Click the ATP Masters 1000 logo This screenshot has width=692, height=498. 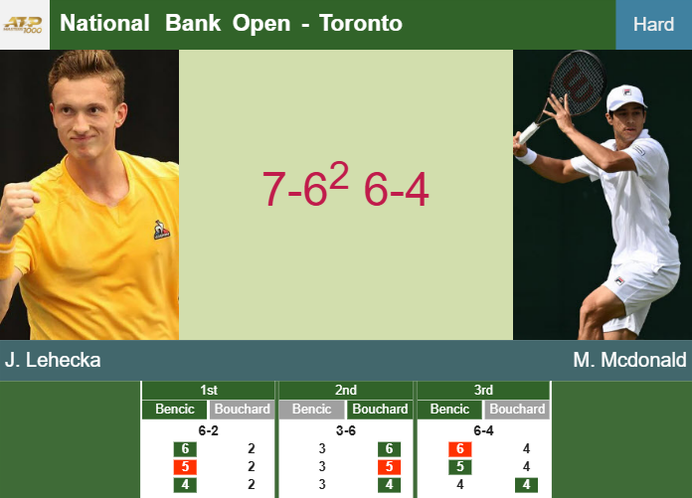click(23, 23)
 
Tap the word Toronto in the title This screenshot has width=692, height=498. click(361, 23)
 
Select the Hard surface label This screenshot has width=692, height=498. click(653, 24)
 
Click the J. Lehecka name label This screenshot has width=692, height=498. click(53, 360)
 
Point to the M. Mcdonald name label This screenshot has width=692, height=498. click(629, 360)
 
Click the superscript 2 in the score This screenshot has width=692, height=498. click(341, 175)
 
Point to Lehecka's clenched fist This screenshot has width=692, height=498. click(19, 208)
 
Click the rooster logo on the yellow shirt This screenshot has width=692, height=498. click(161, 231)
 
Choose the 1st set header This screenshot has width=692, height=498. click(208, 390)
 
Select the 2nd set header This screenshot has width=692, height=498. click(346, 390)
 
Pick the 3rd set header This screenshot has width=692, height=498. click(483, 390)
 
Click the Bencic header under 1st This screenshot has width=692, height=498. click(174, 409)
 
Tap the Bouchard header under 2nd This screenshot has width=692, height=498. click(380, 409)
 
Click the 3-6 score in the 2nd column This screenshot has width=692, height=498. click(346, 430)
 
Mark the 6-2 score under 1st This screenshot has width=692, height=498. click(208, 430)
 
